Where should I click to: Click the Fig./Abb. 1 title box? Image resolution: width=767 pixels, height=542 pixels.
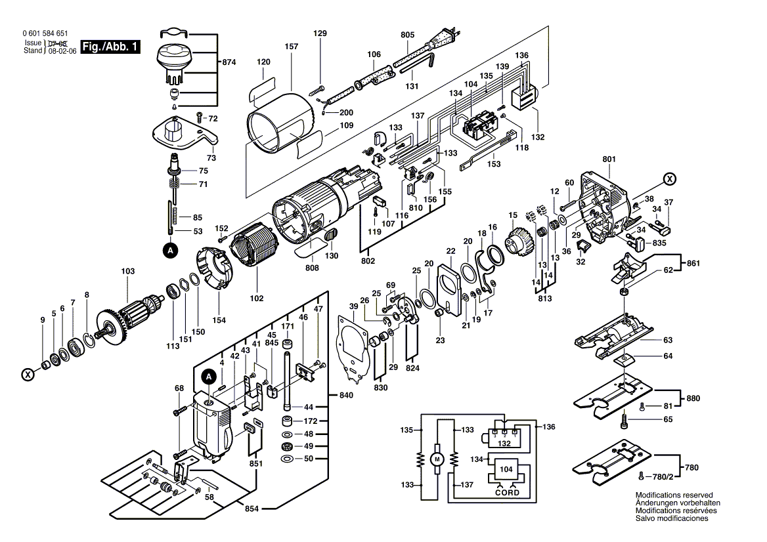(110, 47)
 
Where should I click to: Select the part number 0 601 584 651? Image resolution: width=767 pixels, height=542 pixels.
(44, 33)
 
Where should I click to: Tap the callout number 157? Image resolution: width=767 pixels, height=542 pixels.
(292, 47)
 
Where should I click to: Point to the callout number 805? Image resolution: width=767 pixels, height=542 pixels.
(407, 34)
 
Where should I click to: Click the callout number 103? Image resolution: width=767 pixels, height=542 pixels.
(127, 271)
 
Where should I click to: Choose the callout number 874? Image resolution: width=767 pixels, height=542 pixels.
(229, 62)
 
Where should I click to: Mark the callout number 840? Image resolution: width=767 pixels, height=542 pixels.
(346, 396)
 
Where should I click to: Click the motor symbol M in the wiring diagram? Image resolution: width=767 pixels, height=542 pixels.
(437, 459)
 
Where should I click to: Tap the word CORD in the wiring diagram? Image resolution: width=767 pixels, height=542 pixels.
(506, 492)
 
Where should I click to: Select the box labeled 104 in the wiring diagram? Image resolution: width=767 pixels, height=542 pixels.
(506, 470)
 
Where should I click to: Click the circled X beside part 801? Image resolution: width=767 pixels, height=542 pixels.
(669, 178)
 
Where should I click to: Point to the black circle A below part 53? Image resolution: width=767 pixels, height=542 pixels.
(170, 250)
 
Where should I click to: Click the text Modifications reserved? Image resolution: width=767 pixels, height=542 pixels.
(674, 495)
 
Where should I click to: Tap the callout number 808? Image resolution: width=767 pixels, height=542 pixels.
(312, 267)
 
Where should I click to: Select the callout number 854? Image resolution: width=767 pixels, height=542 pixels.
(252, 509)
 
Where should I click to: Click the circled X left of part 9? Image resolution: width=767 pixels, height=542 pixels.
(28, 375)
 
